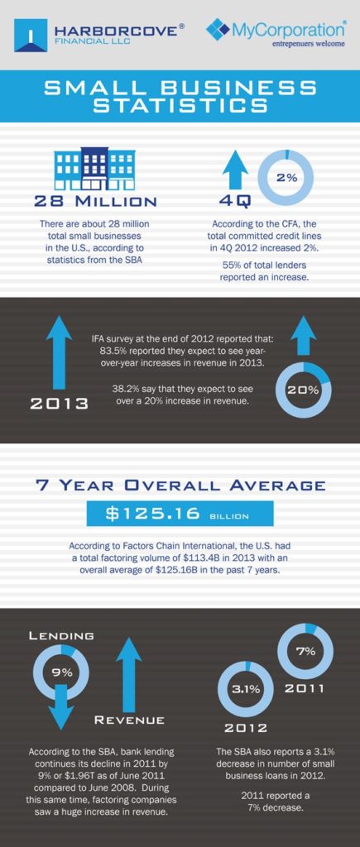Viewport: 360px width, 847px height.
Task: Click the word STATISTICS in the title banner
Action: pos(180,105)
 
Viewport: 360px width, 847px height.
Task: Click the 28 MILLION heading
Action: pos(95,201)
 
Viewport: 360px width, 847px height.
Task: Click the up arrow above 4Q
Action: pos(237,170)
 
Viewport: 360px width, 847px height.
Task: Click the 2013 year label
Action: pos(59,404)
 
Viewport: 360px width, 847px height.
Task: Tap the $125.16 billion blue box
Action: pos(180,514)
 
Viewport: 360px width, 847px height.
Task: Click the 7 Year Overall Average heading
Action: pos(180,486)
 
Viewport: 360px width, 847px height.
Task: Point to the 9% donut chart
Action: pos(62,672)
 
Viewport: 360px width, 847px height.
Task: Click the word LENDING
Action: pos(61,635)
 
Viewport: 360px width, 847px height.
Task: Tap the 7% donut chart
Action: pos(305,651)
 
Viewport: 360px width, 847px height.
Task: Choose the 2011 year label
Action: pos(305,687)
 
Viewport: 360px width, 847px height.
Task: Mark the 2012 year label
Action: pos(246,727)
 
